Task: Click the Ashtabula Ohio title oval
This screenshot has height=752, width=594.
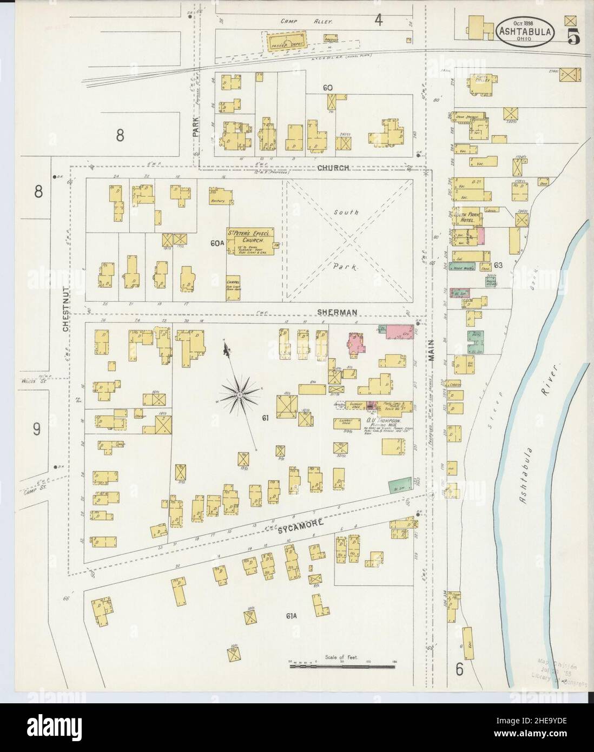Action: point(524,31)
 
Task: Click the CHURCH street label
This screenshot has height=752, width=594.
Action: point(333,168)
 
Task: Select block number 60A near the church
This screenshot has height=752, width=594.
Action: point(217,244)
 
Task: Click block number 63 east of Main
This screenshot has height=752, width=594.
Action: point(498,265)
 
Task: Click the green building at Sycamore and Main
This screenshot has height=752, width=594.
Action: point(399,485)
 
